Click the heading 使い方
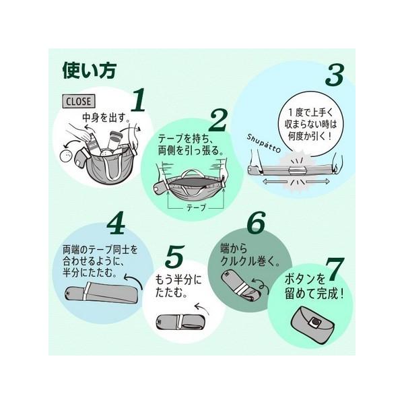(90, 70)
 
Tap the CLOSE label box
(79, 101)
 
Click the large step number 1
(139, 100)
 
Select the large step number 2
(219, 121)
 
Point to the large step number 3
(335, 75)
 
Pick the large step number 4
(116, 224)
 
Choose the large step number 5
(175, 257)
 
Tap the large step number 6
(256, 223)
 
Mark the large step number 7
(335, 269)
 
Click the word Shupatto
(263, 143)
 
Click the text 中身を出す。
(106, 118)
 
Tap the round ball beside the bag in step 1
(66, 156)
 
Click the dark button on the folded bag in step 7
(316, 322)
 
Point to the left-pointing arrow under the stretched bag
(275, 182)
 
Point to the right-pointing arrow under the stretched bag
(318, 182)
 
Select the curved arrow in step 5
(202, 308)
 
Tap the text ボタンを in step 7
(305, 279)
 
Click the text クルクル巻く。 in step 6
(250, 261)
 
